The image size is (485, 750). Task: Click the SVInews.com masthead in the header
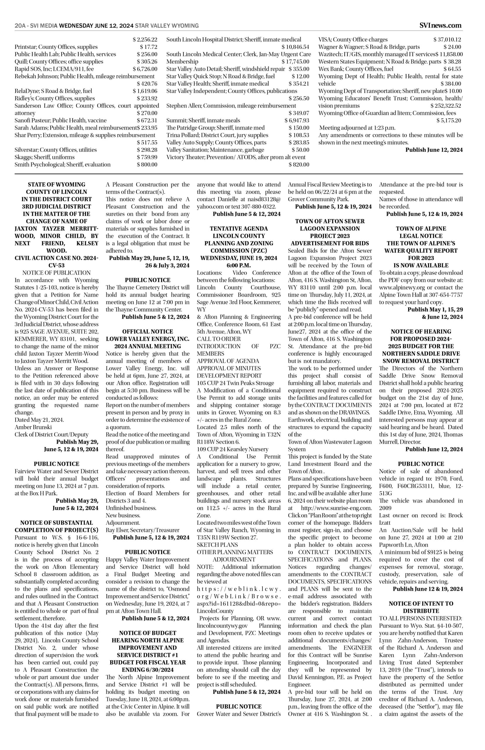[441, 25]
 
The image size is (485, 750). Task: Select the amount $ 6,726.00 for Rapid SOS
[145, 69]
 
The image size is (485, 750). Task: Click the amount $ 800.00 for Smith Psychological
[147, 164]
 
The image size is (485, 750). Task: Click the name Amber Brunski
[33, 427]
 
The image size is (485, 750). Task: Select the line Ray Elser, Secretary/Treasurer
[143, 530]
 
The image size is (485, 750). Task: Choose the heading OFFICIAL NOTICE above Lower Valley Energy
[147, 331]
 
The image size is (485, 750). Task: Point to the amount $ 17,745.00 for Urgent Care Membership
[296, 62]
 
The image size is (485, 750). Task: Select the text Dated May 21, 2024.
[39, 420]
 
